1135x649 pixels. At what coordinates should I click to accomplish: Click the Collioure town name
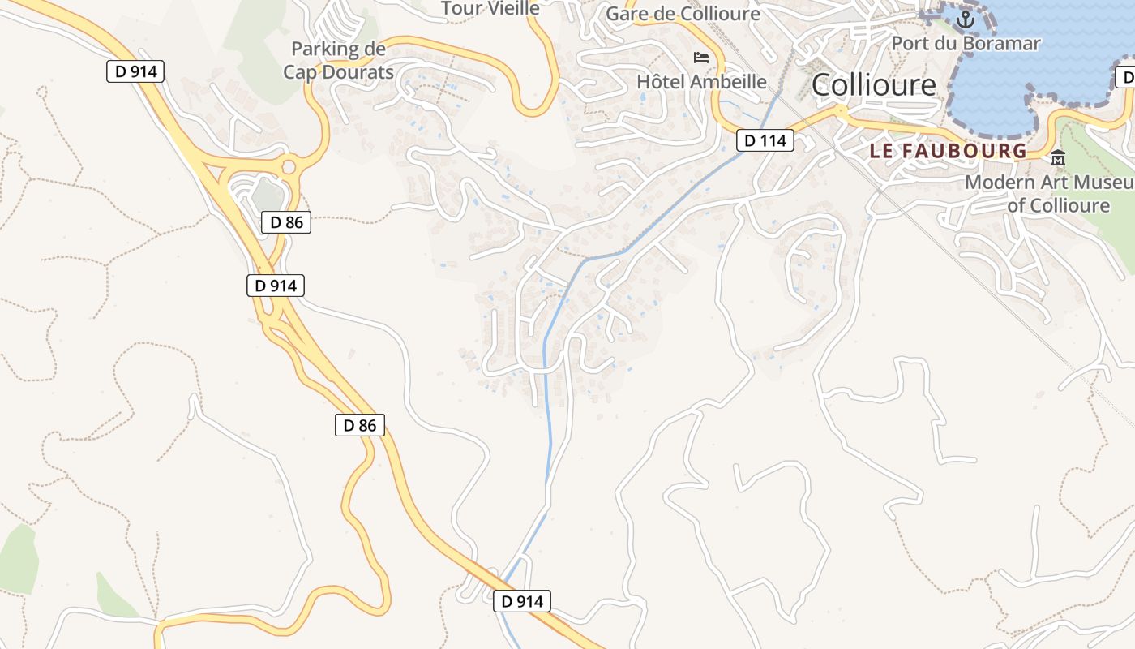tap(873, 84)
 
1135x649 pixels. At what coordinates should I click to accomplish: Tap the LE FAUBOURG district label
tap(948, 151)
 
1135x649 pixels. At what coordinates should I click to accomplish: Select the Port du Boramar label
tap(966, 43)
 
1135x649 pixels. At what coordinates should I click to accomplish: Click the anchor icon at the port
tap(966, 18)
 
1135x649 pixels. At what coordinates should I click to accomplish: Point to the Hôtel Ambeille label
tap(701, 81)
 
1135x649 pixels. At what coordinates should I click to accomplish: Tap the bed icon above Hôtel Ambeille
tap(701, 57)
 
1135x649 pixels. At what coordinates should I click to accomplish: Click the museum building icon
tap(1057, 158)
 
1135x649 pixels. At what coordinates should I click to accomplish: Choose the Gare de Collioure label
tap(683, 14)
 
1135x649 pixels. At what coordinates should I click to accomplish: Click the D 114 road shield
tap(765, 140)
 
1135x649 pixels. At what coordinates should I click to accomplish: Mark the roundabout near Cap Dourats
tap(288, 168)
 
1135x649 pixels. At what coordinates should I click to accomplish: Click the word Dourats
tap(355, 71)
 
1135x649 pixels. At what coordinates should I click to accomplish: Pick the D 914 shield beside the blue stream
tap(522, 601)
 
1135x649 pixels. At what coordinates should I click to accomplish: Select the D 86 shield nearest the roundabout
tap(286, 221)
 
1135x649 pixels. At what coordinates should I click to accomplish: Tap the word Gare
tap(625, 14)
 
